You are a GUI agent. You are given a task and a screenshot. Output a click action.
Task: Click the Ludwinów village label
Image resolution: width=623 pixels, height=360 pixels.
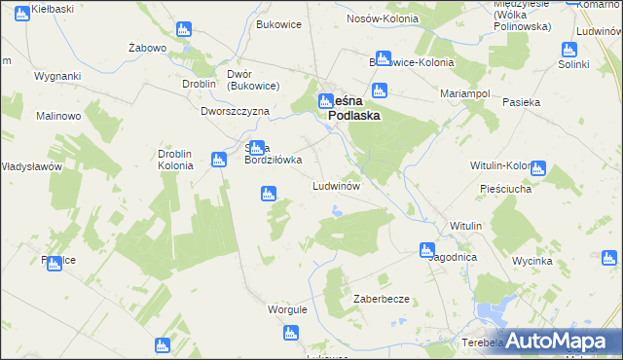[337, 185]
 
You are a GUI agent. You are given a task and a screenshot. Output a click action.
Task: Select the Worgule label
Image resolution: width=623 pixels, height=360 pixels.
[287, 309]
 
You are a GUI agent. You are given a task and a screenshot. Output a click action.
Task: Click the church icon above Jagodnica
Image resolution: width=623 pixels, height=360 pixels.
[426, 249]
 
